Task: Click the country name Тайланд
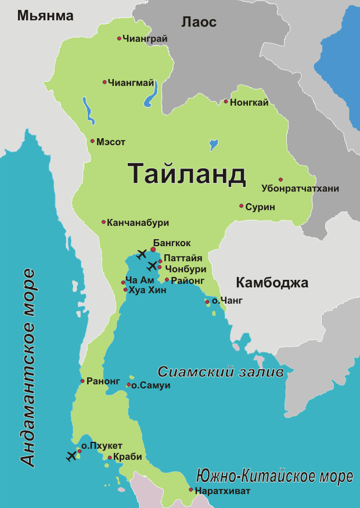coord(186,173)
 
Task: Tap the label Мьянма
coord(45,16)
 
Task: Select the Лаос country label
coord(199,22)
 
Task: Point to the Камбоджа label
coord(272,283)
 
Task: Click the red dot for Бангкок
coord(153,250)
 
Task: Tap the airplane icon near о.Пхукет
coord(72,455)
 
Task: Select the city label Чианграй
coord(145,38)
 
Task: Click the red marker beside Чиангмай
coord(105,82)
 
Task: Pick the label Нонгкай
coord(249,103)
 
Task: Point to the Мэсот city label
coord(111,142)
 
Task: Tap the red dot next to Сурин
coord(241,206)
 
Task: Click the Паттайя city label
coord(182,258)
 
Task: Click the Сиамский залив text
coord(220,372)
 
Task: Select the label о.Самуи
coord(150,385)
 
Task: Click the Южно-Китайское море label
coord(274,477)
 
